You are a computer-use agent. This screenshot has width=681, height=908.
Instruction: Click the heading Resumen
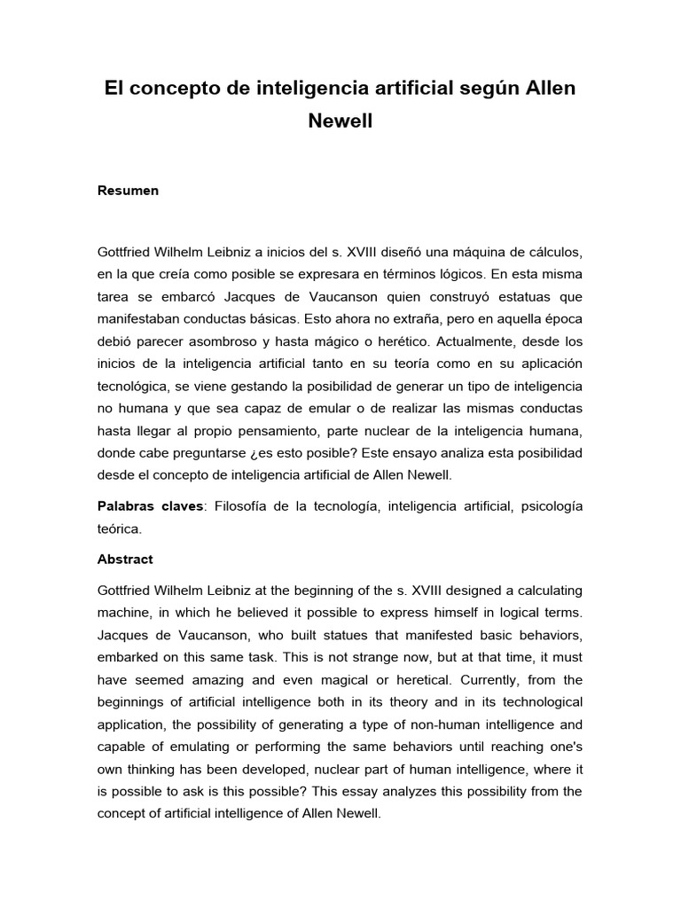click(x=128, y=191)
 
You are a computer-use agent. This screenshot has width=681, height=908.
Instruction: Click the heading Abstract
click(x=124, y=560)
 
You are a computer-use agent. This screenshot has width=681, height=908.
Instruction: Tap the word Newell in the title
click(x=340, y=121)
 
